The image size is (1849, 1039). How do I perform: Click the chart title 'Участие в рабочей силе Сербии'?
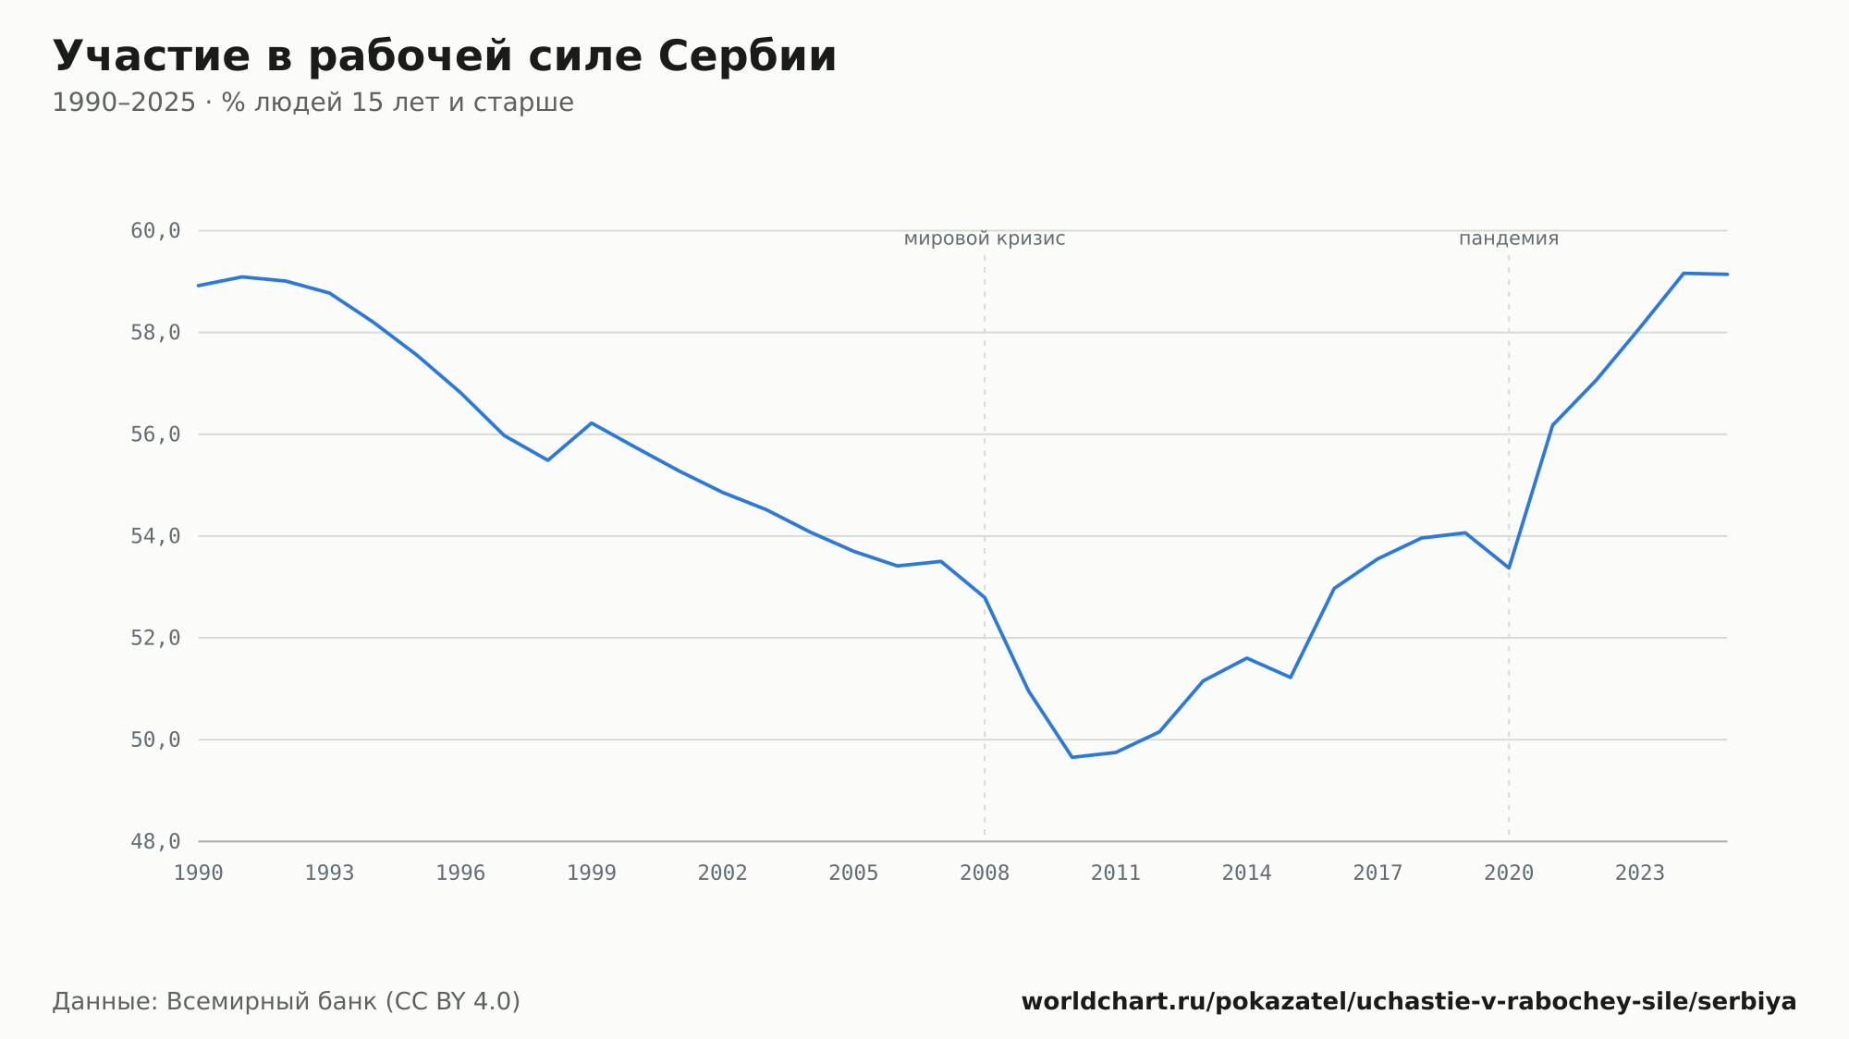click(445, 57)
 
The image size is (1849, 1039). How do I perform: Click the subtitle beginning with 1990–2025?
click(312, 103)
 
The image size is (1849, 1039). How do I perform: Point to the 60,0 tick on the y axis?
click(155, 230)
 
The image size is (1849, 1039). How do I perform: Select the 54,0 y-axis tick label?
click(155, 536)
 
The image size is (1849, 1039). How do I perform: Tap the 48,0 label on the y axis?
click(155, 841)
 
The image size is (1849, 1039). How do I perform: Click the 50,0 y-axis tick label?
click(155, 740)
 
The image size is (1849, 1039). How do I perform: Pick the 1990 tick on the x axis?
click(199, 873)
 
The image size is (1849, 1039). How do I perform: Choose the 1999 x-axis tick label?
click(592, 873)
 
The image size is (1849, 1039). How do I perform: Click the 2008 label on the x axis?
click(985, 873)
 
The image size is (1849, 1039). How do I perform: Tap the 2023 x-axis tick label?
click(1640, 873)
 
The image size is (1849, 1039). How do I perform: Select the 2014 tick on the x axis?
click(1247, 873)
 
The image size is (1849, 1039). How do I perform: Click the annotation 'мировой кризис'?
click(985, 238)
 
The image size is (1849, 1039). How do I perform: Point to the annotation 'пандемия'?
click(1509, 238)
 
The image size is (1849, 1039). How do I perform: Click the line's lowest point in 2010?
click(1072, 757)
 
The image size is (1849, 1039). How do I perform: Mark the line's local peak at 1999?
click(592, 422)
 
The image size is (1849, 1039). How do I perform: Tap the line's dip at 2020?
click(1509, 568)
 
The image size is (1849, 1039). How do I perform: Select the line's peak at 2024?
click(1684, 273)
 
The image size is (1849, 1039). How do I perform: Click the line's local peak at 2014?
click(1247, 658)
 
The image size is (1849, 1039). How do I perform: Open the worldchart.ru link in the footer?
click(1409, 1002)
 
